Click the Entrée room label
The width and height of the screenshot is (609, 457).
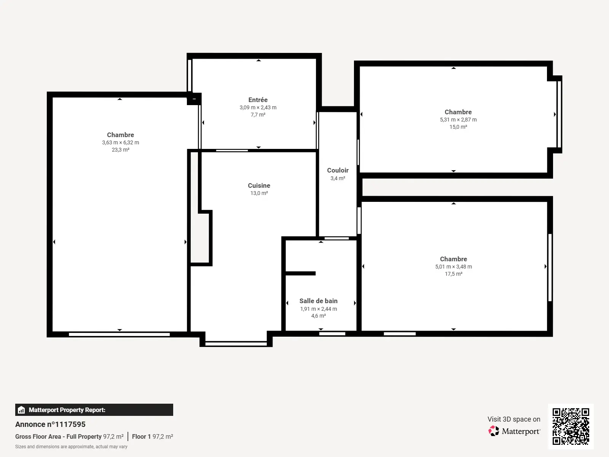click(258, 100)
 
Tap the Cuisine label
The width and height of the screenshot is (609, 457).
click(259, 185)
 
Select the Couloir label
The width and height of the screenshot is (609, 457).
click(338, 170)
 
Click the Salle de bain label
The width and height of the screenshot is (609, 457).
click(319, 301)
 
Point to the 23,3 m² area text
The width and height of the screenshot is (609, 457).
click(120, 150)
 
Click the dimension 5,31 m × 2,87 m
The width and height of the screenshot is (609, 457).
click(458, 120)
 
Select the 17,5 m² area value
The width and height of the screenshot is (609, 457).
click(454, 274)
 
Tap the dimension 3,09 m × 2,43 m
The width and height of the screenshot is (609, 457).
click(258, 107)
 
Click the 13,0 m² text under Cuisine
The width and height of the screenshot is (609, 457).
click(259, 193)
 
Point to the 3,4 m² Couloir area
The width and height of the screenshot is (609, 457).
click(338, 178)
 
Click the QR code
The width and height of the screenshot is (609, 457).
click(571, 427)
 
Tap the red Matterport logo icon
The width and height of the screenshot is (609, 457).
click(494, 431)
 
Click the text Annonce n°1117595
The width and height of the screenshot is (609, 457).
click(50, 424)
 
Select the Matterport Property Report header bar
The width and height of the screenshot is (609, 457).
click(94, 410)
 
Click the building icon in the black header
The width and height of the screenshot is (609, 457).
click(21, 410)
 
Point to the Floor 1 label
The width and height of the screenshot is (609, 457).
click(141, 436)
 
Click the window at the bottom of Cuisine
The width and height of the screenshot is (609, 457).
click(236, 344)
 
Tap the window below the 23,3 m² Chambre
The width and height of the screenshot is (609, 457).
click(119, 334)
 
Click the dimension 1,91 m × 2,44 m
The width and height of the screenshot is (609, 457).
click(319, 309)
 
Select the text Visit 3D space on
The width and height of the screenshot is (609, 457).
click(514, 419)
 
